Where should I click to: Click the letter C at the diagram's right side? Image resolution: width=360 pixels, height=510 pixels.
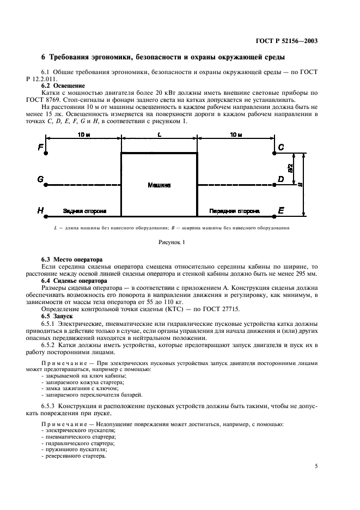tap(281, 148)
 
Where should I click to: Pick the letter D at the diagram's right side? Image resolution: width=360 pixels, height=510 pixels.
tap(281, 179)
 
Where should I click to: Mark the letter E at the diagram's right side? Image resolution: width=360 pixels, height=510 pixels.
tap(281, 210)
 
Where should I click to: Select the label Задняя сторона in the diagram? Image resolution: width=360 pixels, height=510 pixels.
tap(84, 210)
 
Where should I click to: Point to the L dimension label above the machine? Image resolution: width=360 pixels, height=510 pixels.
tap(159, 134)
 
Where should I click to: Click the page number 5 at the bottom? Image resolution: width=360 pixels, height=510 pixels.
tap(316, 466)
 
